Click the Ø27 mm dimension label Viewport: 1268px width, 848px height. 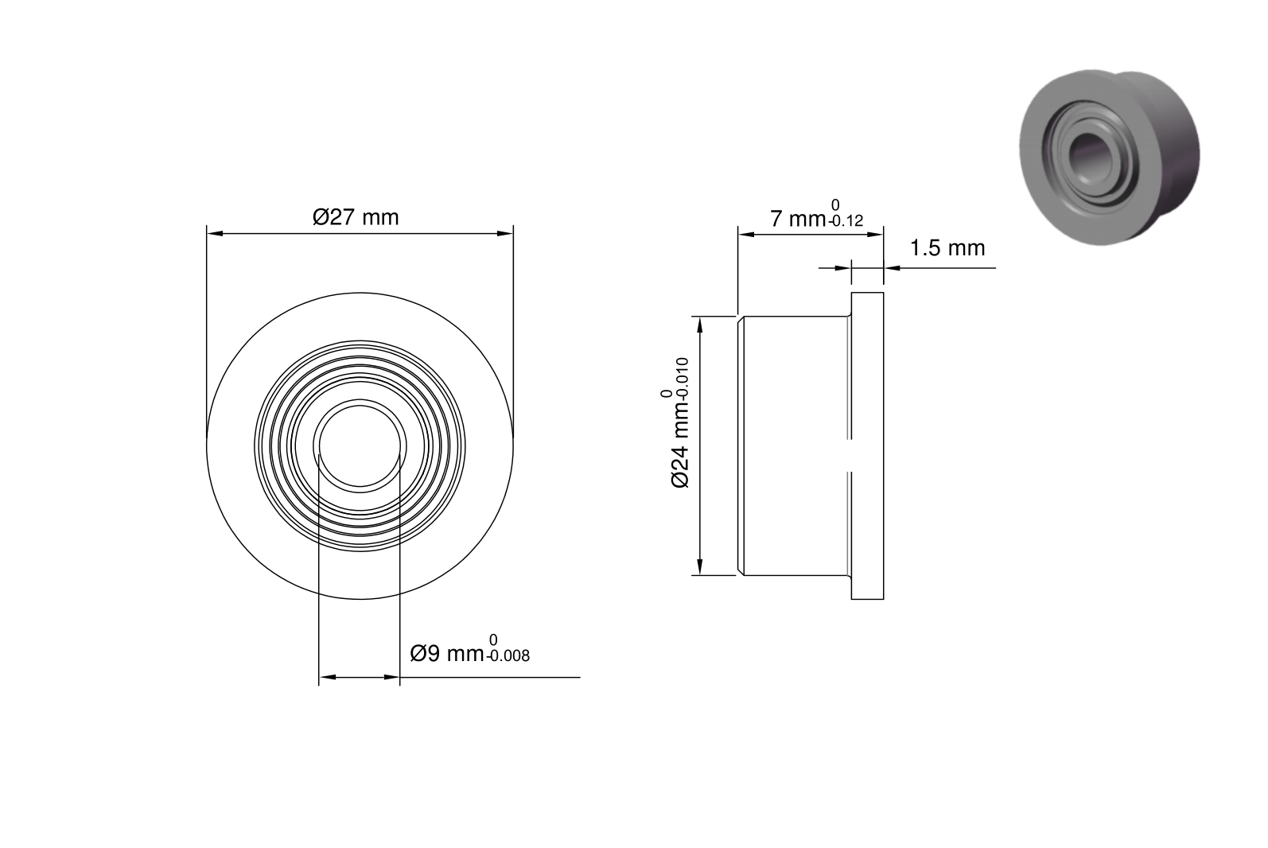356,217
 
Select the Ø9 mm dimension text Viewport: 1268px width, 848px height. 446,654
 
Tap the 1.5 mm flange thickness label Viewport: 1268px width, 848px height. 947,248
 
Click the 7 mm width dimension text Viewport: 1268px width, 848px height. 798,219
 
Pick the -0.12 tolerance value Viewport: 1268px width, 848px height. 846,221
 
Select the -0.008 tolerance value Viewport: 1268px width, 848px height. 508,656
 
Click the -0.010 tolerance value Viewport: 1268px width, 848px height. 682,379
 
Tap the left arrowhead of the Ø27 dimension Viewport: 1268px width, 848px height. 215,233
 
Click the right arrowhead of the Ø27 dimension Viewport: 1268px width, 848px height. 505,233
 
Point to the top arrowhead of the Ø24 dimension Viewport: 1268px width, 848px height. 700,325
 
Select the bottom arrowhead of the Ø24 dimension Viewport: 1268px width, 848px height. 700,567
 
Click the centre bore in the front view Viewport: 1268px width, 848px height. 360,446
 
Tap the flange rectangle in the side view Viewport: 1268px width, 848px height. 867,445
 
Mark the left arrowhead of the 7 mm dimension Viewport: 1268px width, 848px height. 747,235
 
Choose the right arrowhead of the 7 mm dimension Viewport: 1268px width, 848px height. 875,235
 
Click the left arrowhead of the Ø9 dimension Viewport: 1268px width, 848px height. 327,677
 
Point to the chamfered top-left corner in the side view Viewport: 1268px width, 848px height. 741,319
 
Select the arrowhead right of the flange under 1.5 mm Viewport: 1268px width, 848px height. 892,268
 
